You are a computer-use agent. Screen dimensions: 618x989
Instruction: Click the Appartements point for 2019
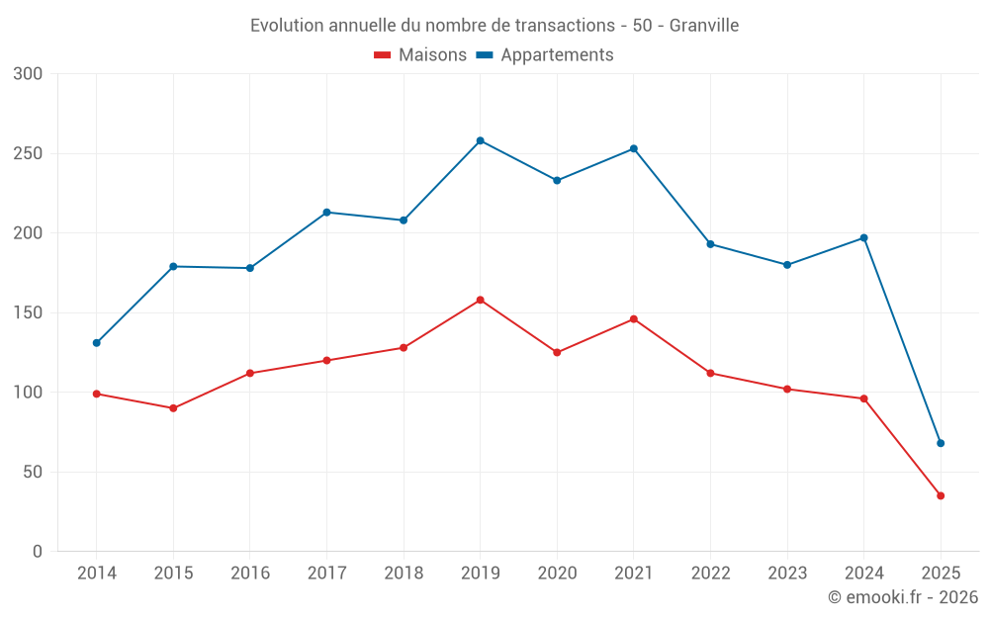[480, 140]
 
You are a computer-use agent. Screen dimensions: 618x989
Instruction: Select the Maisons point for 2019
[480, 300]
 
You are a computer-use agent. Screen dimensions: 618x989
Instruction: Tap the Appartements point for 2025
[941, 443]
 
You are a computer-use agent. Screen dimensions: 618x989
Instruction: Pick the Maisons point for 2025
[941, 495]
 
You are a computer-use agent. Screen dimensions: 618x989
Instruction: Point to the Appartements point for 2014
[96, 343]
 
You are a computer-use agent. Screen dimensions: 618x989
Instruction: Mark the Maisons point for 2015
[173, 408]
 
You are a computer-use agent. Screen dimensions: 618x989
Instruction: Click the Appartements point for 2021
[634, 148]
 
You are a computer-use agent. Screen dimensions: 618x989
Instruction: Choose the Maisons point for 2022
[710, 373]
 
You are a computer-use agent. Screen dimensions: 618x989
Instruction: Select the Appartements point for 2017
[326, 213]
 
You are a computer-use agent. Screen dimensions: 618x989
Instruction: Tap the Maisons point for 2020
[557, 352]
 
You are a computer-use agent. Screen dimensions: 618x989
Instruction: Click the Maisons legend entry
[420, 55]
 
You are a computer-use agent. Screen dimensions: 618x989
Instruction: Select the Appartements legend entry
[545, 55]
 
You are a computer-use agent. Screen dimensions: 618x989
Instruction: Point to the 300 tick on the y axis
[28, 74]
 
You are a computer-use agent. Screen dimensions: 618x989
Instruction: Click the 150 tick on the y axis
[28, 312]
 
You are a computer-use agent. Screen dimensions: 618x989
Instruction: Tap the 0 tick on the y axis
[38, 552]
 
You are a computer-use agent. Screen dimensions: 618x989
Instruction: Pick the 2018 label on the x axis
[404, 574]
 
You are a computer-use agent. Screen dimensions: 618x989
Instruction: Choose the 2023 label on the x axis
[787, 574]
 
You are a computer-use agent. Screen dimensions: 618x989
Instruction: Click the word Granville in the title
[704, 26]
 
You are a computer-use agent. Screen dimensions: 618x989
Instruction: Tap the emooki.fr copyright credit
[902, 597]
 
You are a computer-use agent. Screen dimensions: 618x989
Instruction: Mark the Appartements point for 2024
[863, 237]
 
